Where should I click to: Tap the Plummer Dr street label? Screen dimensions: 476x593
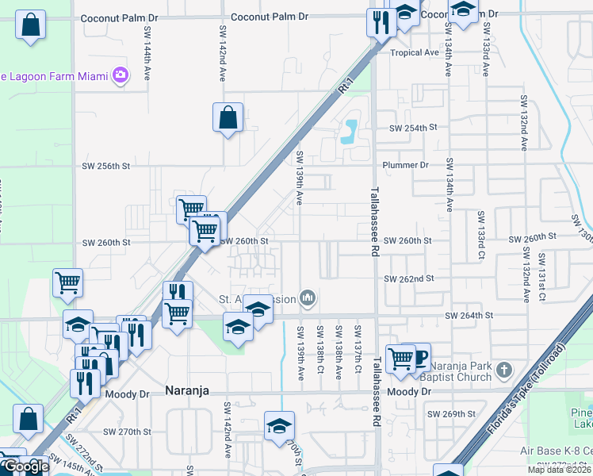(404, 165)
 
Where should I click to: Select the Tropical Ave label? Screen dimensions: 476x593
(414, 52)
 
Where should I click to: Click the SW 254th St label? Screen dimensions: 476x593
(413, 128)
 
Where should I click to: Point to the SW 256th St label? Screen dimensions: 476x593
(105, 166)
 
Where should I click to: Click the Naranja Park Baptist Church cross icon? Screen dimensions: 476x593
(501, 370)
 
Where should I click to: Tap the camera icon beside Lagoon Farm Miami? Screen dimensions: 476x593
(121, 76)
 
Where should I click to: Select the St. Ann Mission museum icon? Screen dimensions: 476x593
(308, 299)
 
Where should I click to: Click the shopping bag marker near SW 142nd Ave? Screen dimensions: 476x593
(228, 118)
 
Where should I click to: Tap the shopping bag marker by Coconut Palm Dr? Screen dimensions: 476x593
(30, 25)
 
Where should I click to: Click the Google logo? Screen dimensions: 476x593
(25, 467)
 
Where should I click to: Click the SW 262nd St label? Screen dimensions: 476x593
(409, 278)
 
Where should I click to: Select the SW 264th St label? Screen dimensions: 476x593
(469, 315)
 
